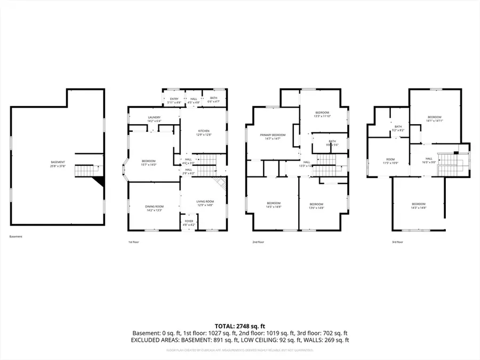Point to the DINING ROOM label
point(154,208)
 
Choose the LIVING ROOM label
point(205,203)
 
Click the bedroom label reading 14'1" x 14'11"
point(434,119)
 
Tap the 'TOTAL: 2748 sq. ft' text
point(239,325)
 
